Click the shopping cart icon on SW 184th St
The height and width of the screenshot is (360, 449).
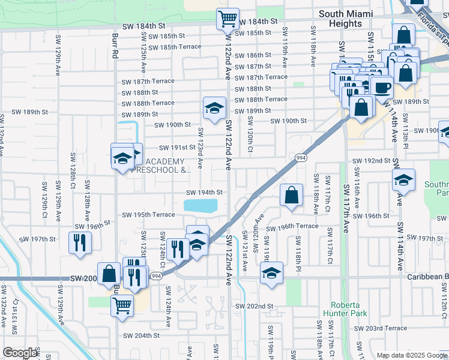click(x=228, y=19)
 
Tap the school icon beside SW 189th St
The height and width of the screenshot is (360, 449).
click(x=214, y=109)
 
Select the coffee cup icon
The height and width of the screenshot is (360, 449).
click(x=381, y=88)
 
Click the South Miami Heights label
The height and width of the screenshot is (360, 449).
click(x=349, y=19)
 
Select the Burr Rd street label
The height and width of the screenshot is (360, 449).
click(x=114, y=46)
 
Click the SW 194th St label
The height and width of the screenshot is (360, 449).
click(x=204, y=193)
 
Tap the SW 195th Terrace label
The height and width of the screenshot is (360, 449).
click(x=148, y=215)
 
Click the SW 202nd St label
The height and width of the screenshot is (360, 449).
click(x=254, y=306)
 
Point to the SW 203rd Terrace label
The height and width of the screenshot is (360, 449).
click(x=380, y=328)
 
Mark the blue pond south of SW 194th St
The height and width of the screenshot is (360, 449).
click(x=200, y=206)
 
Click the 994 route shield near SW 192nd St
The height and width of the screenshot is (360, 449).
click(x=301, y=157)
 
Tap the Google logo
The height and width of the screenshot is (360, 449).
click(x=20, y=353)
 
